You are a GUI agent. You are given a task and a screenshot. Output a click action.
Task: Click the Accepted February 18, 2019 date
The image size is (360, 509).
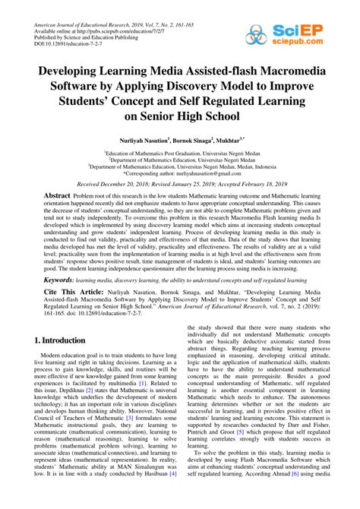(x=248, y=184)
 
